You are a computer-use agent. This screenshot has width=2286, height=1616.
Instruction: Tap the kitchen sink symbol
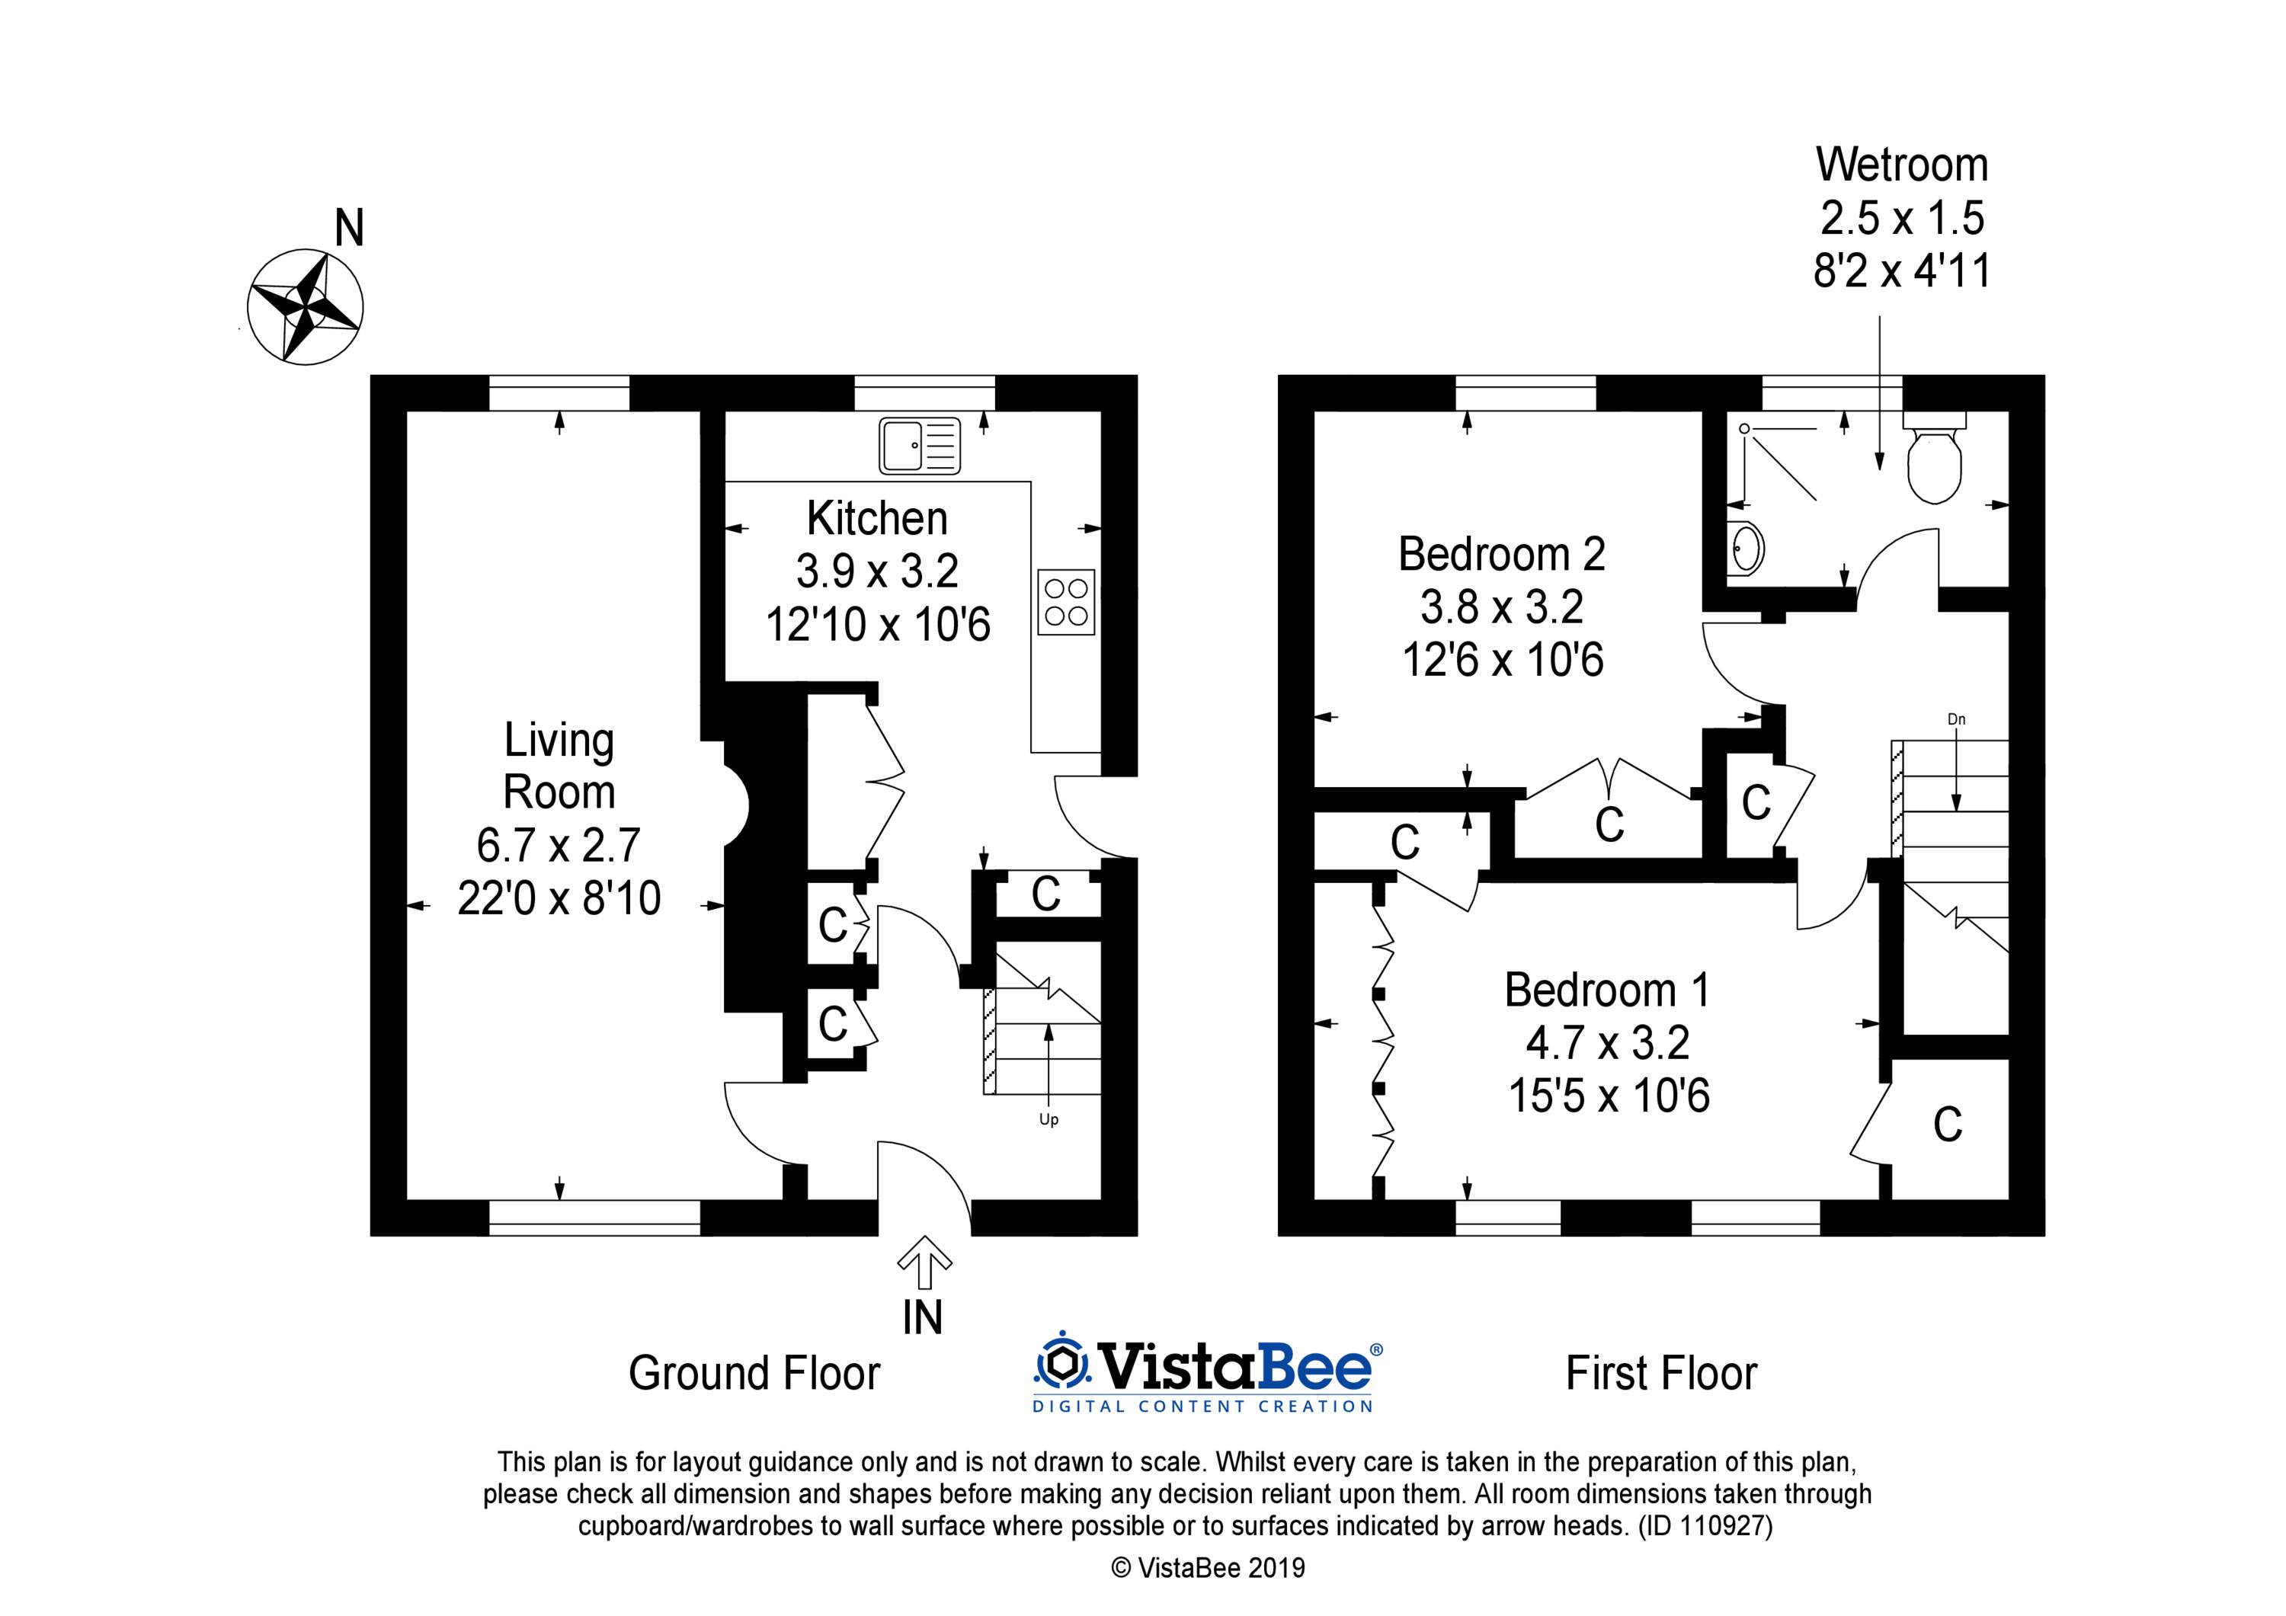coord(919,445)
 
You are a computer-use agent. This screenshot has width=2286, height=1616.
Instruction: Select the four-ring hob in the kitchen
coord(1065,601)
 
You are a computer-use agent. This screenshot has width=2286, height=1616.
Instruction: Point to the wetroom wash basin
coord(1747,548)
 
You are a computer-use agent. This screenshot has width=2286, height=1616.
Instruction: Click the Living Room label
coord(559,766)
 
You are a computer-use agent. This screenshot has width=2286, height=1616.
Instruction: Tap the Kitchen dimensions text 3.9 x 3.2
coord(877,571)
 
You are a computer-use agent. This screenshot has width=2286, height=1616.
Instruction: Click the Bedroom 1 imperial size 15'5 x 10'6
coord(1609,1096)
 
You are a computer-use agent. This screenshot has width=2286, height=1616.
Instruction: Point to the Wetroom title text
coord(1902,165)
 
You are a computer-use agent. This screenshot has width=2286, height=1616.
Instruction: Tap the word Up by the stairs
coord(1049,1119)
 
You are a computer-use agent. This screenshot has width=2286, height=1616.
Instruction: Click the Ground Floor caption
coord(754,1373)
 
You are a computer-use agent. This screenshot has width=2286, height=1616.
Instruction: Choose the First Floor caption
coord(1662,1373)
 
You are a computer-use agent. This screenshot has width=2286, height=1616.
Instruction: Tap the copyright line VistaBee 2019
coord(1208,1568)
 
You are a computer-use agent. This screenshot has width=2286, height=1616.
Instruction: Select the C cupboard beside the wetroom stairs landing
coord(1756,802)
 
